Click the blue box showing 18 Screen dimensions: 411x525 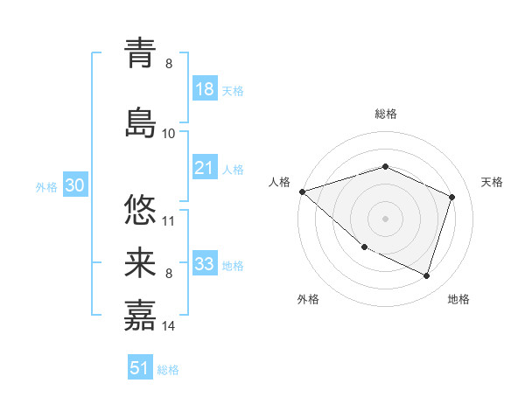point(205,90)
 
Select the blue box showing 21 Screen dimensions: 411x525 point(205,168)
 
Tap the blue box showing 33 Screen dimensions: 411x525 point(205,264)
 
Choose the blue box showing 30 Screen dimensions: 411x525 point(74,186)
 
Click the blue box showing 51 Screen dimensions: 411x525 point(140,368)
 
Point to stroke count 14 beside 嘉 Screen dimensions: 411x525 point(169,326)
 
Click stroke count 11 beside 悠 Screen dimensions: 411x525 point(169,220)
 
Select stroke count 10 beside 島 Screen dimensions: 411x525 point(169,133)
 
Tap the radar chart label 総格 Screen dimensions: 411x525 point(385,114)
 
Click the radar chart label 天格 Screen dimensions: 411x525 point(492,182)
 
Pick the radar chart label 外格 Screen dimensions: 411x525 point(308,299)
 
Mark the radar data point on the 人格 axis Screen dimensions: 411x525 point(302,191)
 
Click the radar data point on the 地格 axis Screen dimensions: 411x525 point(426,275)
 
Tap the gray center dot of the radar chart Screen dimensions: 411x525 point(385,219)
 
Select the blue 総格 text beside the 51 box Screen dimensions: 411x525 point(168,370)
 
